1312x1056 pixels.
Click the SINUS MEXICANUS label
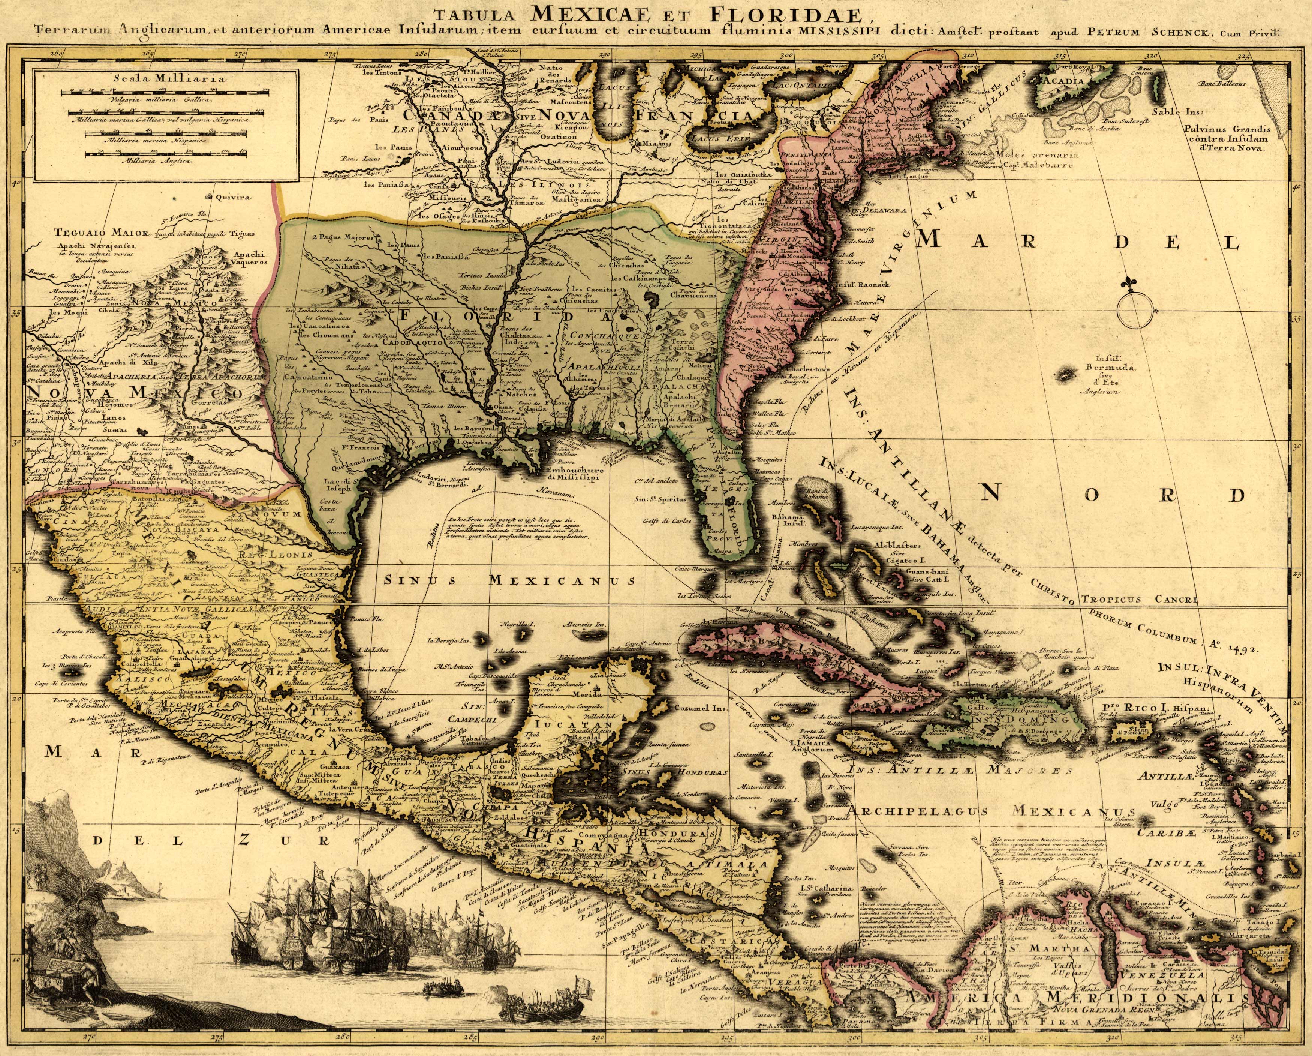509,580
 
